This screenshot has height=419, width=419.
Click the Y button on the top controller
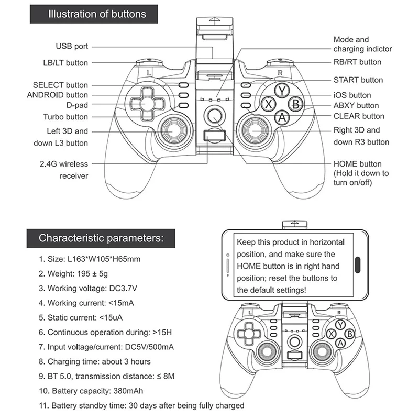(282, 90)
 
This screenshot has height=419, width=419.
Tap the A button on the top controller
(282, 117)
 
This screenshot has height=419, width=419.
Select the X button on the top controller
(269, 104)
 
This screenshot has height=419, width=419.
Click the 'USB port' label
(72, 47)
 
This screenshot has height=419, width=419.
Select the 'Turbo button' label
(65, 117)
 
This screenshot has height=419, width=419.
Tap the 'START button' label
(358, 80)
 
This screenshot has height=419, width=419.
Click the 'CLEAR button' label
(358, 116)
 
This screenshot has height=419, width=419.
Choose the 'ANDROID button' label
(58, 95)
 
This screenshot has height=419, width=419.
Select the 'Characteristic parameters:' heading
(100, 237)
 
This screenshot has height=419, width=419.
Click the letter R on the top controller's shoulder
(280, 72)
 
